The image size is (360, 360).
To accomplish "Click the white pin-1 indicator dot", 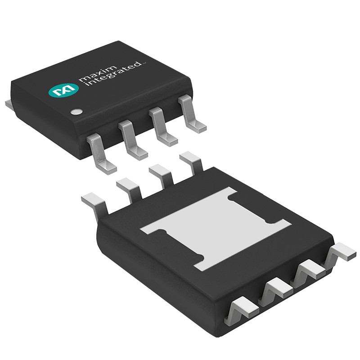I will [x=77, y=111].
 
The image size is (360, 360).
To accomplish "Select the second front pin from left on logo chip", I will [x=132, y=139].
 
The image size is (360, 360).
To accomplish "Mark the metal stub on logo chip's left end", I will [x=9, y=104].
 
